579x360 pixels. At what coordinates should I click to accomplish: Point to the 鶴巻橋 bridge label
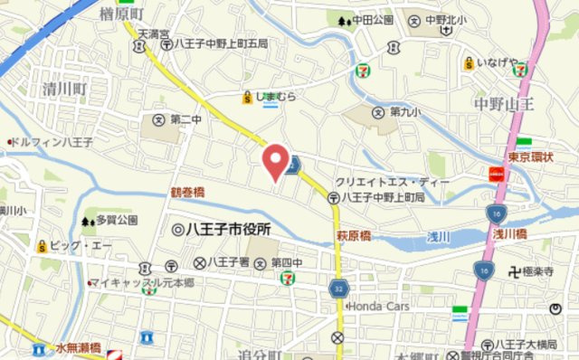tap(187, 193)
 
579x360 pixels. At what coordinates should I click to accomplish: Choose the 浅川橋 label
tap(510, 233)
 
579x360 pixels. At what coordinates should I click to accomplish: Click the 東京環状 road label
tap(529, 156)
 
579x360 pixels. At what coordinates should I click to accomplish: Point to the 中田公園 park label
tap(373, 19)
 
